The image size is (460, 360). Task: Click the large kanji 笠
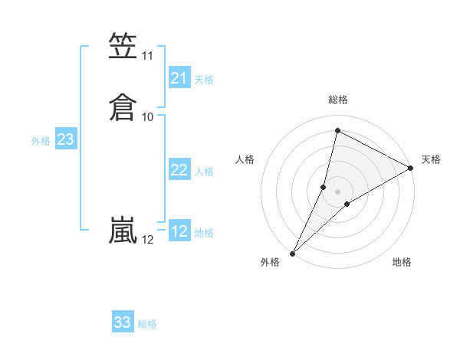tap(123, 47)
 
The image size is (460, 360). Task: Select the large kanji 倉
tap(123, 106)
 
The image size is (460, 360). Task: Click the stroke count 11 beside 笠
tap(148, 56)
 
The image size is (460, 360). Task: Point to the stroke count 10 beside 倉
tap(148, 116)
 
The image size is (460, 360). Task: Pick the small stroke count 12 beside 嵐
tap(148, 240)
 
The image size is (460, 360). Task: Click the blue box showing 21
tap(179, 78)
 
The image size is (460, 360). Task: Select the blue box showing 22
tap(179, 170)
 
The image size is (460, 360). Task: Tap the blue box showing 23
tap(66, 139)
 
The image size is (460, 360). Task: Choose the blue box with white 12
tap(179, 231)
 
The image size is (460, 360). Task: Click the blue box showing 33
tap(123, 322)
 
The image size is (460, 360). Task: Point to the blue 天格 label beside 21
tap(204, 79)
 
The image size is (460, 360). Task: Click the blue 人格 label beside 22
tap(204, 172)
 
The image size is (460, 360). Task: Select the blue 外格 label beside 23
tap(41, 141)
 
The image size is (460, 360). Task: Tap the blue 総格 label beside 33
tap(147, 324)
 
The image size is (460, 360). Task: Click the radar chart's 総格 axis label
tap(337, 100)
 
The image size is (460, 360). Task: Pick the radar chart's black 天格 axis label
tap(431, 159)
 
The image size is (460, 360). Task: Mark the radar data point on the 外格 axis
tap(292, 254)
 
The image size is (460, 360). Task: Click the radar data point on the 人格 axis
tap(324, 187)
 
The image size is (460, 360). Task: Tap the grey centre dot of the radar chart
tap(337, 191)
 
